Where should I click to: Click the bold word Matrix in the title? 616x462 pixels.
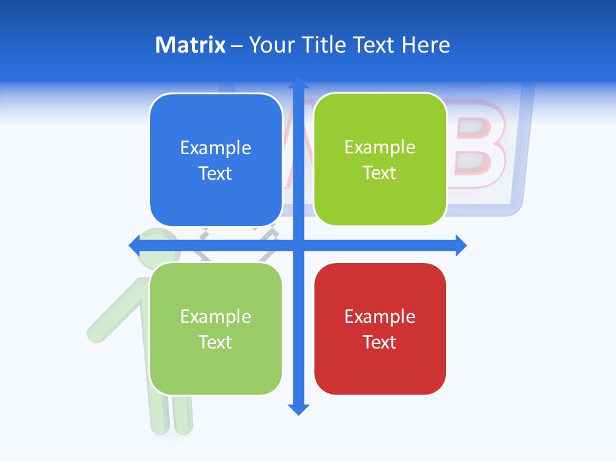[x=191, y=45]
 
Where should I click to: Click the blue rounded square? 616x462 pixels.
[x=216, y=160]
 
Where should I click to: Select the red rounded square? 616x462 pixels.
[x=380, y=329]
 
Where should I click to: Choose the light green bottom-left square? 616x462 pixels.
[x=216, y=329]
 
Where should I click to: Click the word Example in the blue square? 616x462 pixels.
[x=216, y=148]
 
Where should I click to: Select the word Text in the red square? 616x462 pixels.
[x=380, y=342]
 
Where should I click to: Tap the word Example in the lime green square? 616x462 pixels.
[x=380, y=147]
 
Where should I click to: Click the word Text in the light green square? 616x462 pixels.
[x=216, y=342]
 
